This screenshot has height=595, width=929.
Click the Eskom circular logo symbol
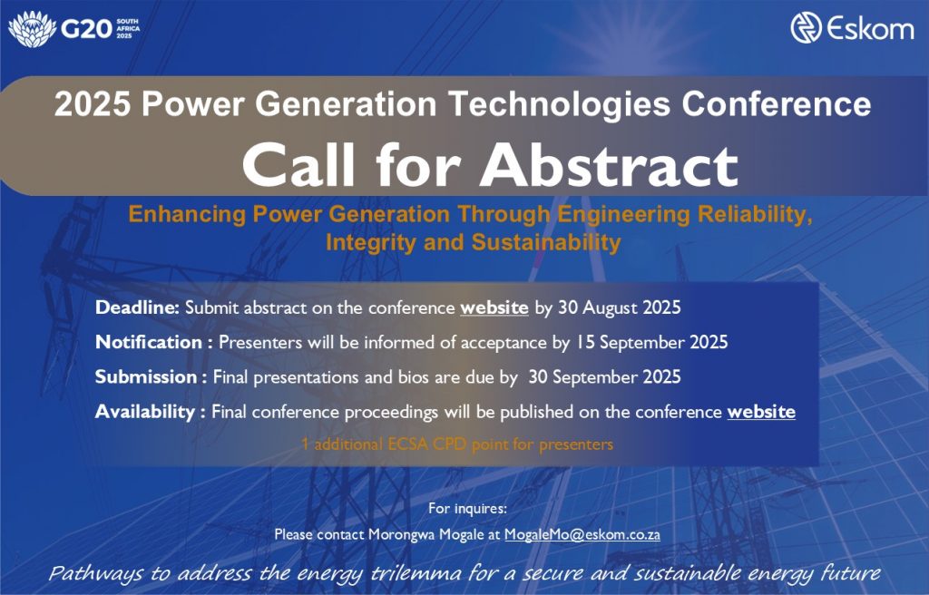pyautogui.click(x=806, y=28)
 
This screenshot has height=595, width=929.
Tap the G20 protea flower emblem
pyautogui.click(x=32, y=29)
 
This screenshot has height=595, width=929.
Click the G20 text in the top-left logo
pyautogui.click(x=86, y=29)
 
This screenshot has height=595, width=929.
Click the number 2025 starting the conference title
pyautogui.click(x=93, y=103)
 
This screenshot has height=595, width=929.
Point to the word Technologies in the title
pyautogui.click(x=559, y=104)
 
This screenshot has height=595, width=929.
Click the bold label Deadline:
pyautogui.click(x=137, y=307)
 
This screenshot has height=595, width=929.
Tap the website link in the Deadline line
pyautogui.click(x=494, y=307)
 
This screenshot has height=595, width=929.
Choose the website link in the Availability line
pyautogui.click(x=761, y=412)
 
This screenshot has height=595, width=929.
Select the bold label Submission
pyautogui.click(x=146, y=377)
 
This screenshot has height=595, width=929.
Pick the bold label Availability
pyautogui.click(x=144, y=412)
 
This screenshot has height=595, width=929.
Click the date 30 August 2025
pyautogui.click(x=620, y=307)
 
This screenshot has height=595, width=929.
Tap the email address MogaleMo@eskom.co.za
pyautogui.click(x=582, y=534)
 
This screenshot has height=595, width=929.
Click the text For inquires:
pyautogui.click(x=467, y=509)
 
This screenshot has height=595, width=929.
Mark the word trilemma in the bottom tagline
pyautogui.click(x=416, y=573)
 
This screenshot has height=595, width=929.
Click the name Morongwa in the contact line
pyautogui.click(x=396, y=534)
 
